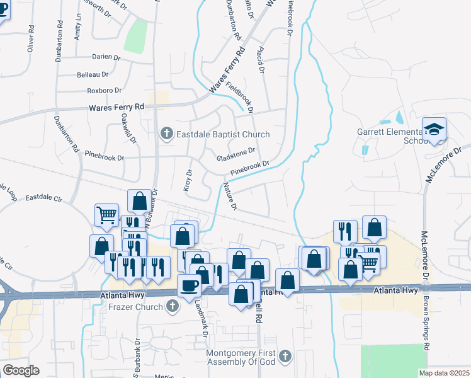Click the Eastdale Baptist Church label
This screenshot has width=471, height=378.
coord(223,134)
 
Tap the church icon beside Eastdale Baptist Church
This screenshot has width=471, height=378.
coord(166,134)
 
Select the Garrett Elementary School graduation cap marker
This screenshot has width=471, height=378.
coord(434,130)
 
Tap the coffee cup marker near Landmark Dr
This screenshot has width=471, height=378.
coord(189,286)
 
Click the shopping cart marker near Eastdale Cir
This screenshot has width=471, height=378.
coord(106,215)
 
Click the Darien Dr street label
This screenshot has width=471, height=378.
coord(106,57)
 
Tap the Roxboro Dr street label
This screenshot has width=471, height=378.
coord(103,90)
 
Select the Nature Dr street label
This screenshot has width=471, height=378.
coord(229,196)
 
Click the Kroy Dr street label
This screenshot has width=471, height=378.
coord(188,180)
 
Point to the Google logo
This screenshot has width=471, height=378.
coord(21,370)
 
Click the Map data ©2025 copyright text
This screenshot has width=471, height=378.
coord(444,373)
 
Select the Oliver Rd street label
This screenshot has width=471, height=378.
coord(29,41)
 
